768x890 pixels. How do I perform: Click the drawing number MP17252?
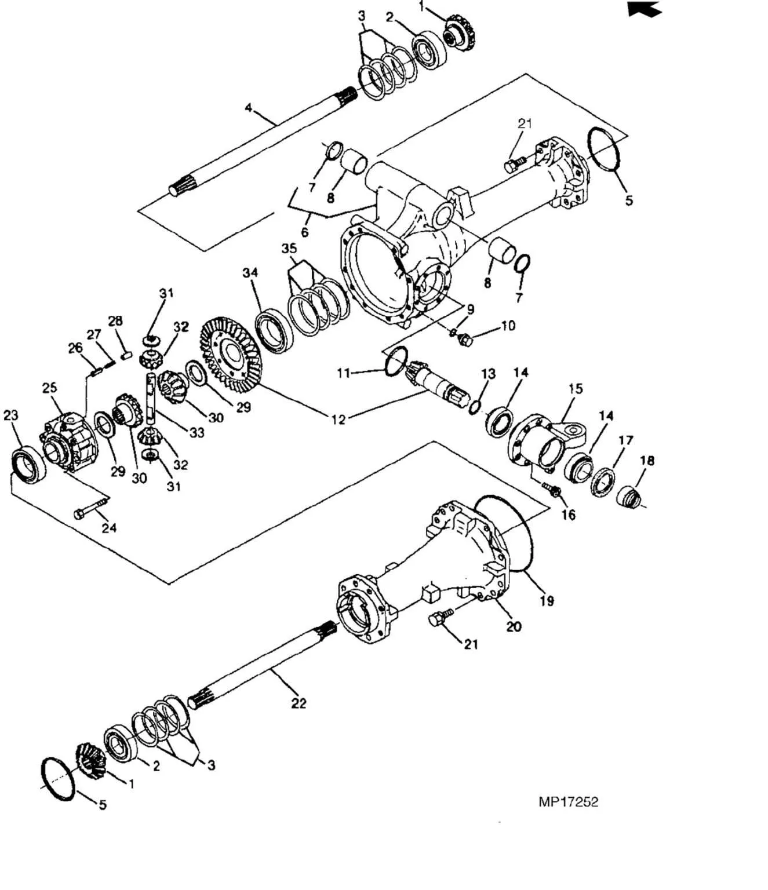[567, 801]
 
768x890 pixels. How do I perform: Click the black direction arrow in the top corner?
[645, 9]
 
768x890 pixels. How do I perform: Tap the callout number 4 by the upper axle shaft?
[249, 108]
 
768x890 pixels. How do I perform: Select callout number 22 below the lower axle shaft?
[298, 703]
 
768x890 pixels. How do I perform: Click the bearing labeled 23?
[28, 464]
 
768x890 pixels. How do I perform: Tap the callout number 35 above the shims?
[289, 249]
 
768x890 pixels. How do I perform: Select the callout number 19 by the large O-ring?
[547, 600]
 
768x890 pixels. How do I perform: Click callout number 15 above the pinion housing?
[575, 388]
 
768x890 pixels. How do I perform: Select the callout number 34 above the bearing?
[250, 272]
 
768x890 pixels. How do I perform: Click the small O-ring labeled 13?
[474, 407]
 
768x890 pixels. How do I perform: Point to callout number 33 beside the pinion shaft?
[197, 432]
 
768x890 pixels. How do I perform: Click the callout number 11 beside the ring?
[344, 373]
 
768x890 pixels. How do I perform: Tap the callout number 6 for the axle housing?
[304, 232]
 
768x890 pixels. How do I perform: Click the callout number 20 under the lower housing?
[514, 626]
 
